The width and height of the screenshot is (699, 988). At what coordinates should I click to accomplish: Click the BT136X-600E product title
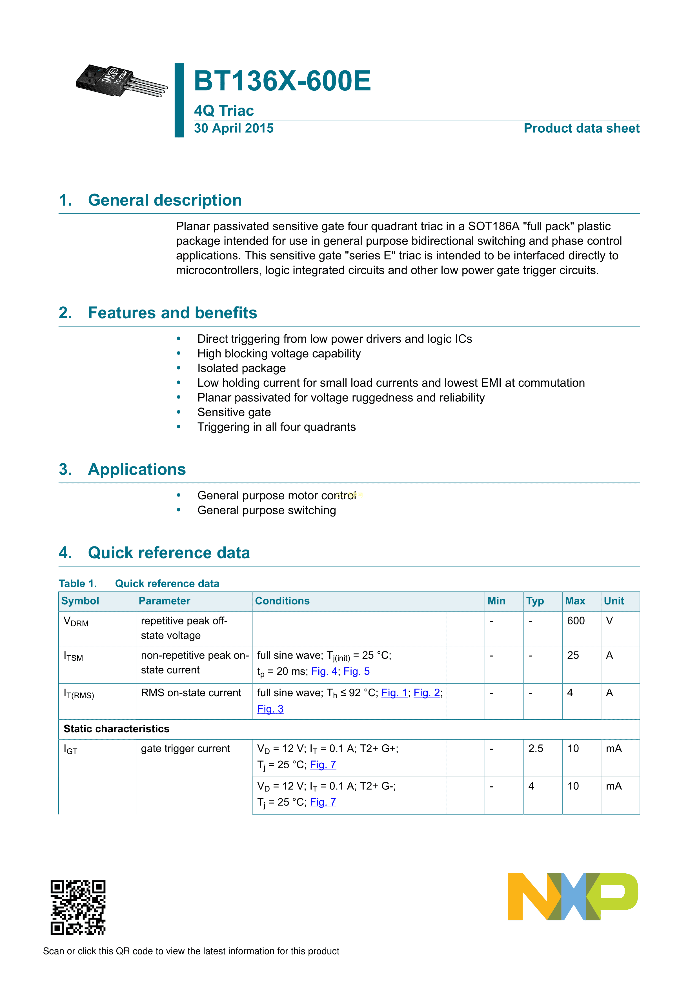[x=282, y=81]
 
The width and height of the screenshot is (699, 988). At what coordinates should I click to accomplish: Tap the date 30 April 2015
[x=234, y=128]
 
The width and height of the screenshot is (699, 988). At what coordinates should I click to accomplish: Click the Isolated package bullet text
[x=241, y=368]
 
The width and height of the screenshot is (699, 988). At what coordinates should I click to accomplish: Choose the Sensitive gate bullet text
[x=234, y=412]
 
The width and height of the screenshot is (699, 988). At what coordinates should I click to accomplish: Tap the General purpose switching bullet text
[x=267, y=510]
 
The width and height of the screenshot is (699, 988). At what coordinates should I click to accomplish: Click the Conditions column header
[x=282, y=601]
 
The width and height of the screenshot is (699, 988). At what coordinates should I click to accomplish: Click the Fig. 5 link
[x=356, y=671]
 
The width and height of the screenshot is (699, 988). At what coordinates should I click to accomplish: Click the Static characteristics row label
[x=117, y=729]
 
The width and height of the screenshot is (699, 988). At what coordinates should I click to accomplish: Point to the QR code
[x=78, y=907]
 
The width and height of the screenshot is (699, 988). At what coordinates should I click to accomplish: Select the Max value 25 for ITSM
[x=573, y=655]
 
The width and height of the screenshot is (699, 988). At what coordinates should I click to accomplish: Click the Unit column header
[x=614, y=601]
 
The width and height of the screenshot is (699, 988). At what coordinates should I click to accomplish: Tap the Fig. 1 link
[x=394, y=693]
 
